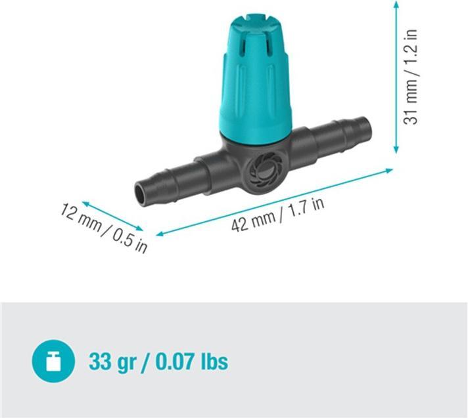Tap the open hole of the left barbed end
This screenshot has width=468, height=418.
pyautogui.click(x=140, y=194)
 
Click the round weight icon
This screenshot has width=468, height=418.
pyautogui.click(x=53, y=361)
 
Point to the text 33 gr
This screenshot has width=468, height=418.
pyautogui.click(x=112, y=362)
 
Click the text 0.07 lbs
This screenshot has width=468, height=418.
pyautogui.click(x=192, y=362)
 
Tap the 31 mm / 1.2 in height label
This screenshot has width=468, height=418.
pyautogui.click(x=410, y=77)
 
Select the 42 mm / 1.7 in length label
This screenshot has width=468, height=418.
pyautogui.click(x=277, y=215)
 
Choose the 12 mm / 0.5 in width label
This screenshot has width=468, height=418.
pyautogui.click(x=104, y=228)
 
